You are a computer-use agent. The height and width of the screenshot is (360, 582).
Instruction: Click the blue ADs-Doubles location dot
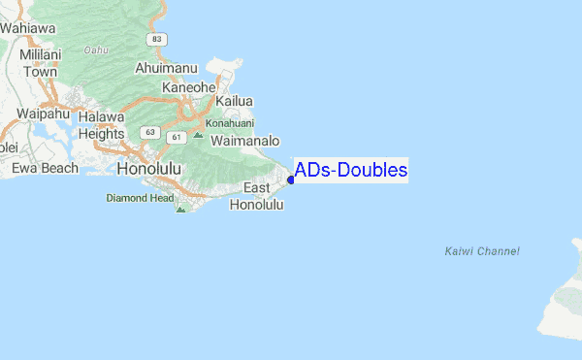coord(291,179)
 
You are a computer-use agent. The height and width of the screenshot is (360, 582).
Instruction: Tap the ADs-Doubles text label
coord(351,171)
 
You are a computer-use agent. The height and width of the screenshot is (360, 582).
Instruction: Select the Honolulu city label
coord(148,170)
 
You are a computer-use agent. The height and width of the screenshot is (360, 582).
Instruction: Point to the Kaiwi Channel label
coord(482,251)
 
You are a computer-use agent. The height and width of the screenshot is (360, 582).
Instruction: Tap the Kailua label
coord(234,101)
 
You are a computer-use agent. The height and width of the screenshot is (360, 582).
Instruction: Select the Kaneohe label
coord(188,87)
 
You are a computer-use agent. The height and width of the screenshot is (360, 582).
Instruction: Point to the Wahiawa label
coord(27,29)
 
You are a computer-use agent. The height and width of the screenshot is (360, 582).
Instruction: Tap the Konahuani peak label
coord(229,123)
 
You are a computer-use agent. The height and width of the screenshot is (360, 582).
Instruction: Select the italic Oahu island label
coord(95,49)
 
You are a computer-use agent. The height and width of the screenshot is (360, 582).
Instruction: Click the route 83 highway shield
coord(156,38)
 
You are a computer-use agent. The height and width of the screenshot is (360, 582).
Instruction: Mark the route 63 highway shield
coord(148,131)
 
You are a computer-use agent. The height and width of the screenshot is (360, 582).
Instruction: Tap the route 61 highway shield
coord(178,138)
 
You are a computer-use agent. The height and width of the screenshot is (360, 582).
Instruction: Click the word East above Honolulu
coord(256,187)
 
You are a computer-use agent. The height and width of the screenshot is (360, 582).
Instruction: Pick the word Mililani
coord(40,55)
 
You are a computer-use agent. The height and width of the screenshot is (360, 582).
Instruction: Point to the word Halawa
coord(102,117)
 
